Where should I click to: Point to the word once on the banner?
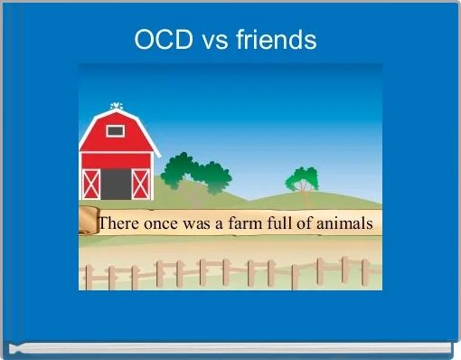click(165, 223)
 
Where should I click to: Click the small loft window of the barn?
click(115, 130)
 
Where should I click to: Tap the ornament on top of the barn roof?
click(115, 106)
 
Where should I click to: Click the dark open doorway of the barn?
click(115, 184)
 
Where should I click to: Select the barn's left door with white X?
click(90, 184)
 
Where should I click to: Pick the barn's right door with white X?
click(140, 184)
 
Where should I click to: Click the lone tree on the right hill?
click(302, 178)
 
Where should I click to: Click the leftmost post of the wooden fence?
click(89, 276)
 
